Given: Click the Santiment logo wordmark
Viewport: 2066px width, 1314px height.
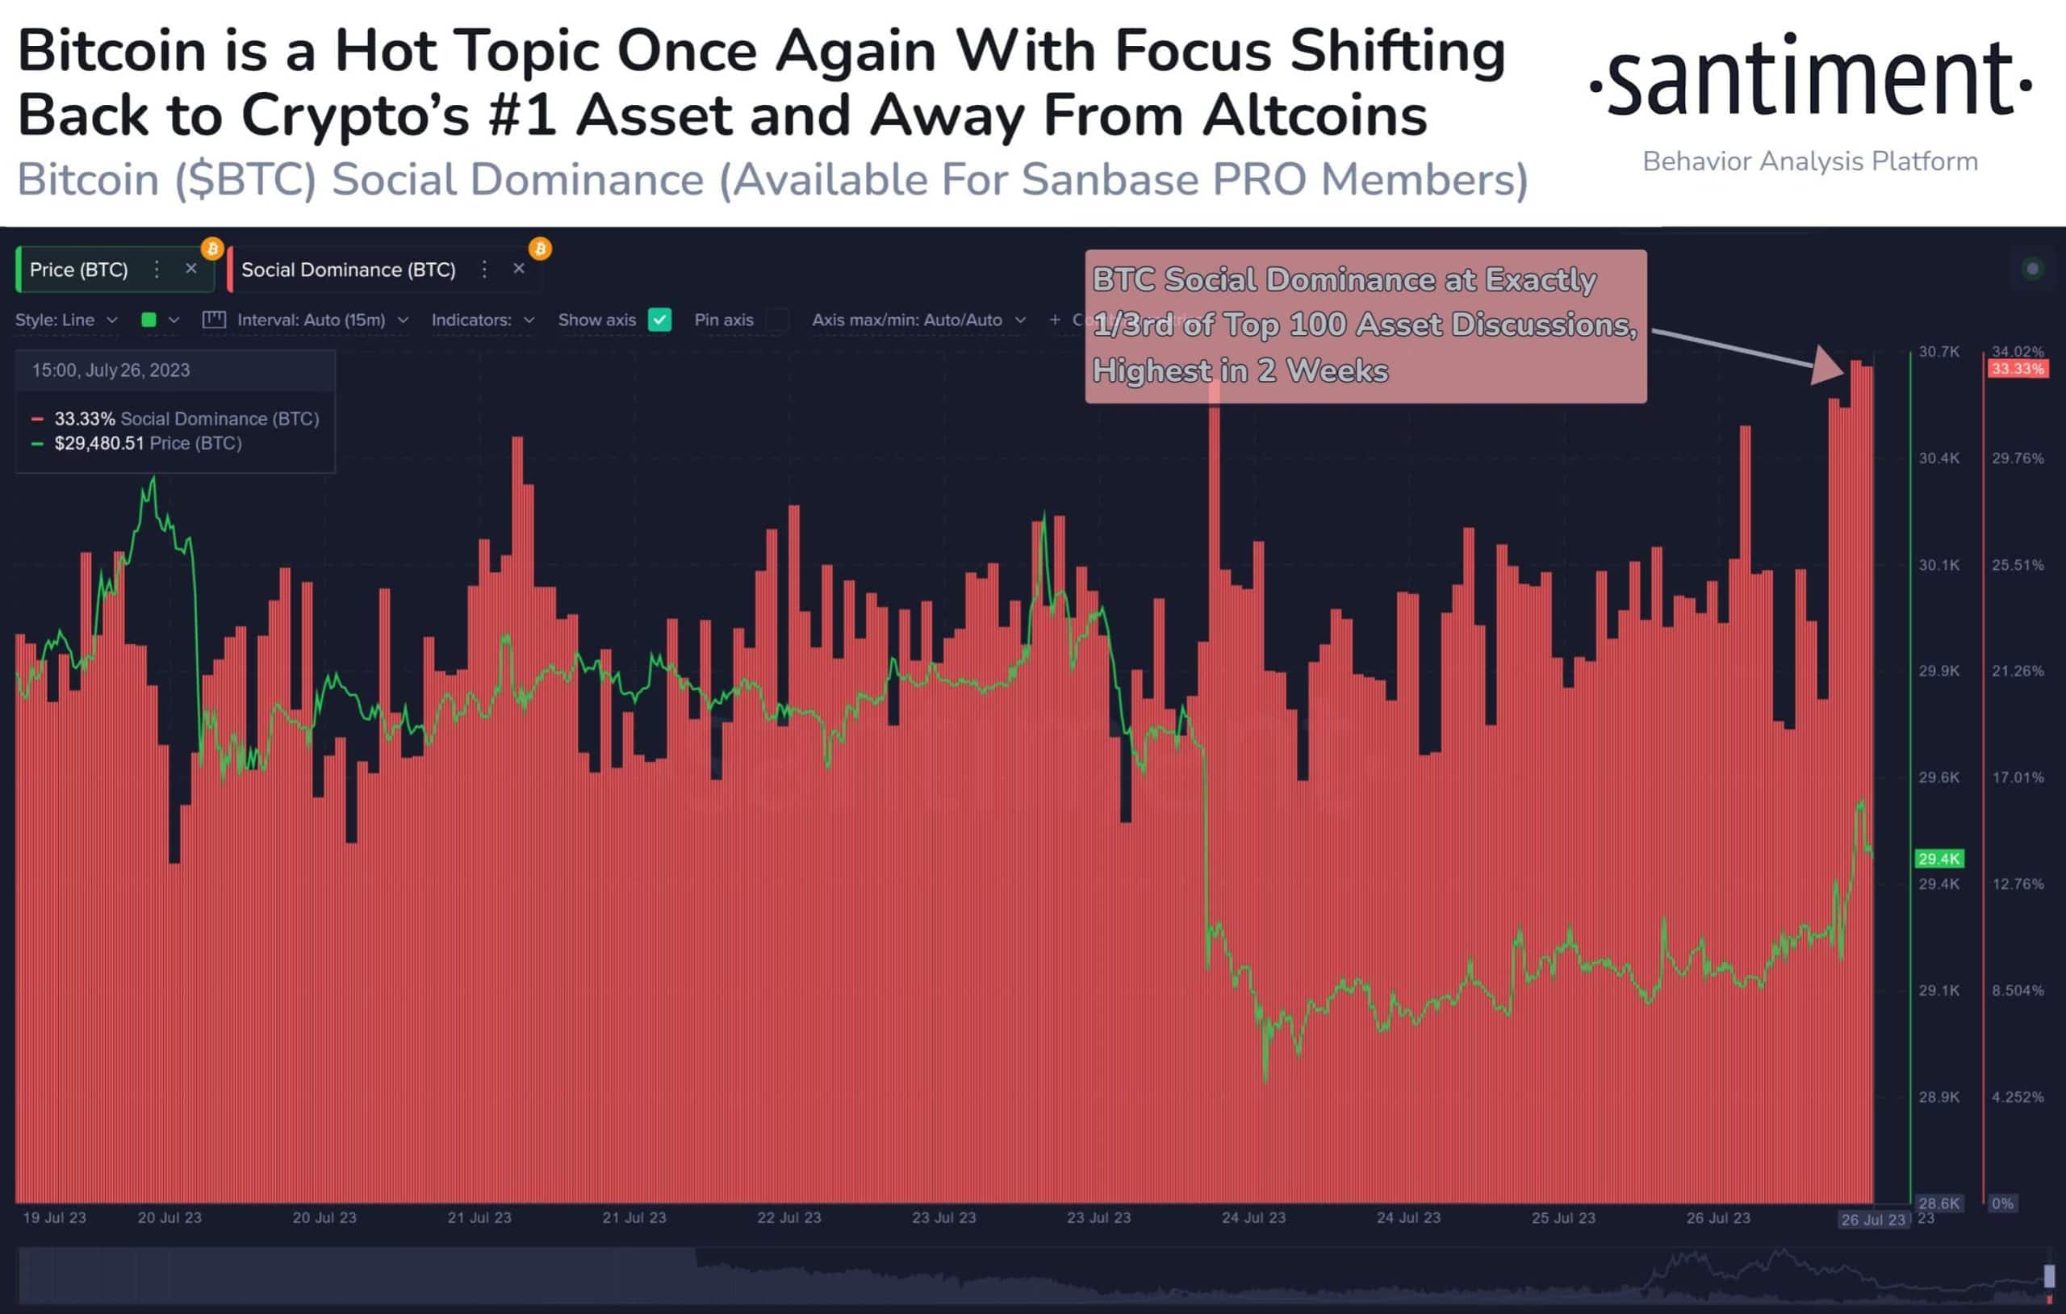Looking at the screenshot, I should [1810, 77].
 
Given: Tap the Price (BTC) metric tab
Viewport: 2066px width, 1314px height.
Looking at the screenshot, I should [79, 270].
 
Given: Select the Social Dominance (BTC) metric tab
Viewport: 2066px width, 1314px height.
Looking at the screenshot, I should [348, 270].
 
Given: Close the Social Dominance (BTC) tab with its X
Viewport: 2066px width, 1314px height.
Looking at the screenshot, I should [519, 269].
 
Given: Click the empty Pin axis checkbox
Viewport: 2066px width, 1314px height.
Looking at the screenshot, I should [777, 320].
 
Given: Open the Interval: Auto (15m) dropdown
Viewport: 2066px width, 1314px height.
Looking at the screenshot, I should [311, 320].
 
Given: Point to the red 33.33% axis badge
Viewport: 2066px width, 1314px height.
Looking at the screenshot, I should [2017, 369].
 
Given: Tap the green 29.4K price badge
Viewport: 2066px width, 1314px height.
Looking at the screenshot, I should [1939, 858].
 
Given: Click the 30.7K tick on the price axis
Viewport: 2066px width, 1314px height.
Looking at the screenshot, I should [1939, 352].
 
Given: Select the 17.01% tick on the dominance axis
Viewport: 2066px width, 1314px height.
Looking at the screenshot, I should [2017, 777].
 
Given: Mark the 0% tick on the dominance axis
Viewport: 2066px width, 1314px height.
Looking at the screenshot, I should [2002, 1203].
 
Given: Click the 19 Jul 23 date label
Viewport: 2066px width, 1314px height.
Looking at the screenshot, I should [54, 1218].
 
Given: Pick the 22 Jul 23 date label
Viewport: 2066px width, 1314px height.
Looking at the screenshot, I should [788, 1218].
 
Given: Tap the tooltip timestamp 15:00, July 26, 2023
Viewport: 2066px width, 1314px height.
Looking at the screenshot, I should [111, 370].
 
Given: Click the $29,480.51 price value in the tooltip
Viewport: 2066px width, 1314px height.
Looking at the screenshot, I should [99, 443].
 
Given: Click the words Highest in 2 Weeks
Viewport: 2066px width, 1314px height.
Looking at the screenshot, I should [1240, 370].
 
